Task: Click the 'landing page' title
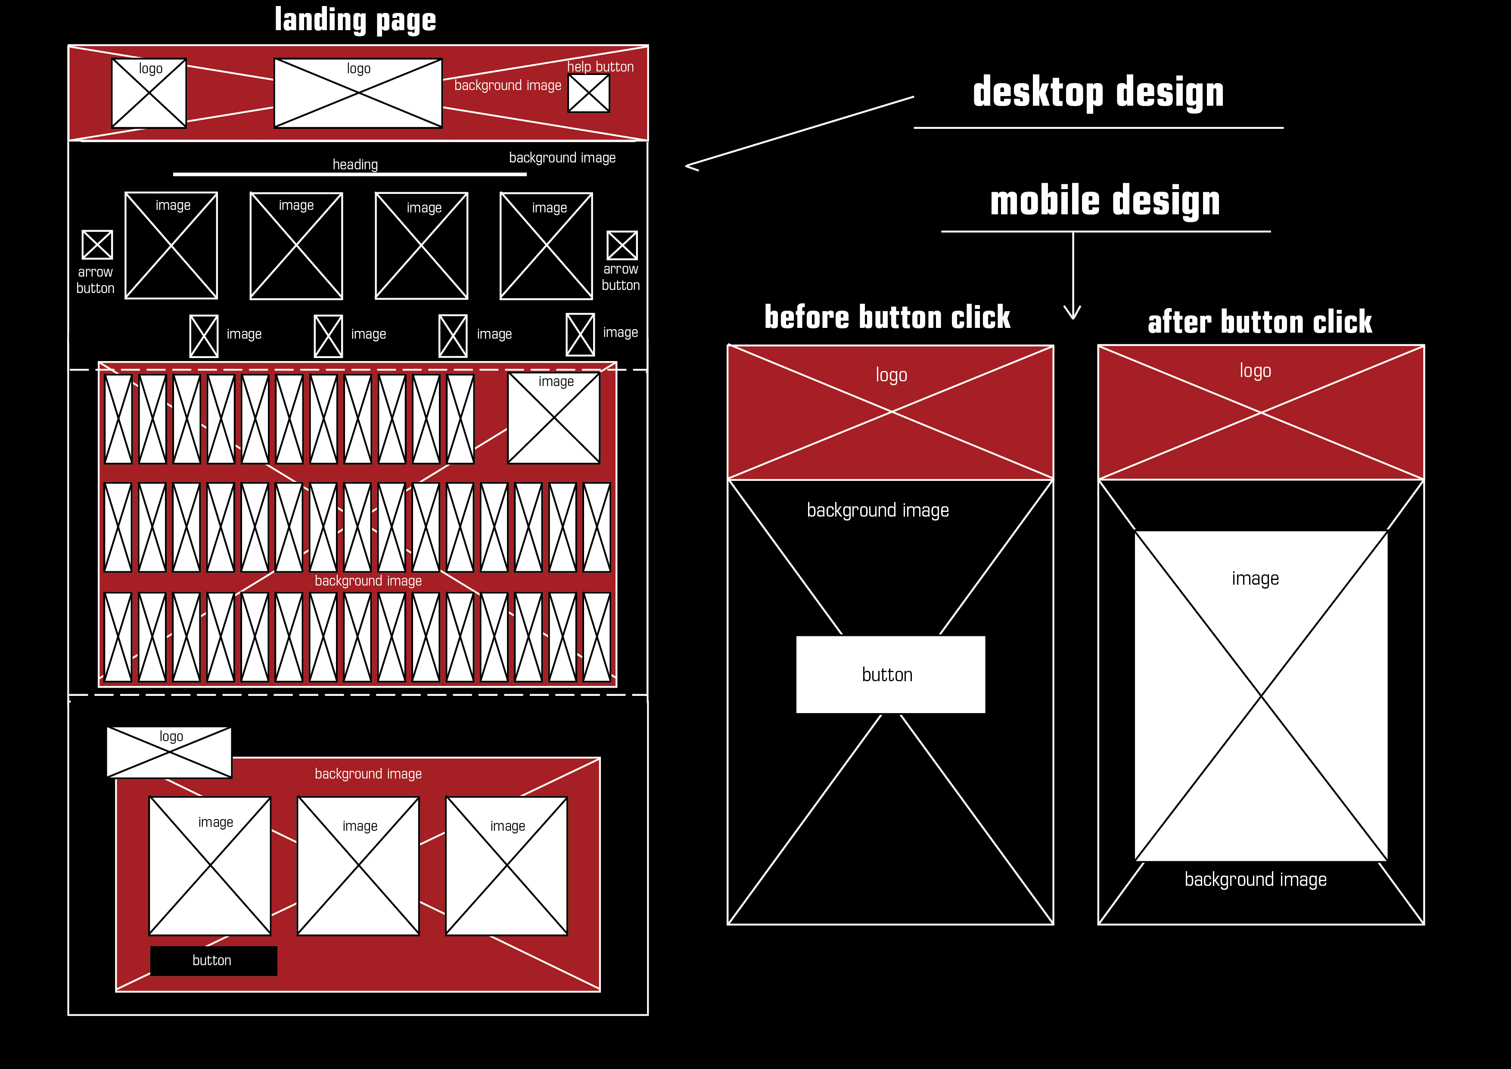tap(355, 20)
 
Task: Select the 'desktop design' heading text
tap(1097, 92)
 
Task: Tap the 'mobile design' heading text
tap(1104, 201)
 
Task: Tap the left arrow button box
tap(97, 245)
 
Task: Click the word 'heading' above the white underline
tap(355, 165)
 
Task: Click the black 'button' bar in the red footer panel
tap(213, 960)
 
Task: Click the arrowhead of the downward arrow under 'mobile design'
tap(1073, 314)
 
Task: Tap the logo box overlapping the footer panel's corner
tap(169, 752)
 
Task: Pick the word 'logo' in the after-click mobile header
tap(1255, 371)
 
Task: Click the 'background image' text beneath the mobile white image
tap(1255, 879)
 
